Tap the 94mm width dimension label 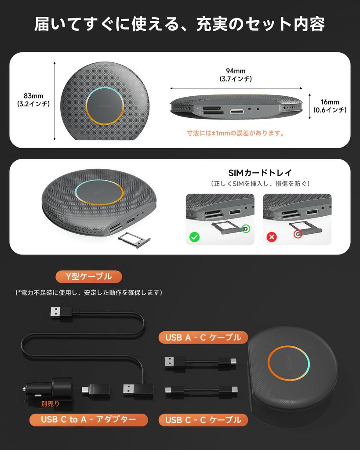pos(236,75)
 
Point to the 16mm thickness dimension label pos(329,106)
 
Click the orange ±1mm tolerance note pos(236,133)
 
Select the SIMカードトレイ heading pos(260,173)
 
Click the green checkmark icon pos(194,237)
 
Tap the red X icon pos(272,237)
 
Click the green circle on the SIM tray pos(245,229)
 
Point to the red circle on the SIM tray pos(298,235)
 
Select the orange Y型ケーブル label pos(88,276)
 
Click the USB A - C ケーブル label pos(203,337)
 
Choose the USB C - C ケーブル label pos(203,420)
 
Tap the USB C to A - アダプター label pos(88,419)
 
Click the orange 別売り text pos(50,403)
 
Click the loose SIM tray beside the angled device pos(134,240)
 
